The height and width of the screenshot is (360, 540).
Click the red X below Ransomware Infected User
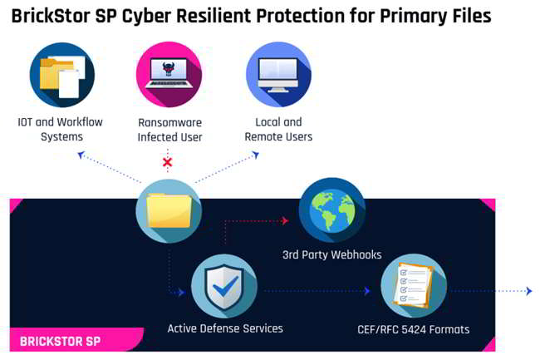coord(167,162)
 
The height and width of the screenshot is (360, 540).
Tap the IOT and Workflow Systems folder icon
coord(62,75)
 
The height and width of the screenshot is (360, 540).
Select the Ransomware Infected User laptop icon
coord(169,75)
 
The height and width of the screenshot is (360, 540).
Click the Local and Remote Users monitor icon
coord(278,75)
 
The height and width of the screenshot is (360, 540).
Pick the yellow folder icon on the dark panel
coord(169,211)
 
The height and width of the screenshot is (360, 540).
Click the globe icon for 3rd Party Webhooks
coord(332,210)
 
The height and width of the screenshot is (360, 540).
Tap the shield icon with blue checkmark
coord(224,287)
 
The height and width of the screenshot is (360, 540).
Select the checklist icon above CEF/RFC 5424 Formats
coord(414,286)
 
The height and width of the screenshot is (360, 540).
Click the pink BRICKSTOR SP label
coord(61,342)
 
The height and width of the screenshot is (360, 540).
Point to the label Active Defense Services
coord(225,328)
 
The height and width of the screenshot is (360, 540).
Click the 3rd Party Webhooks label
coord(332,254)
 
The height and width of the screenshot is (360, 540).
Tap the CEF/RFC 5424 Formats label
coord(414,329)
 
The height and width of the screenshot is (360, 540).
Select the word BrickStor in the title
coord(51,16)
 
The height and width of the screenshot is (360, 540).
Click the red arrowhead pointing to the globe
coord(284,220)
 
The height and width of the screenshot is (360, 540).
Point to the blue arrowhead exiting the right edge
coord(529,291)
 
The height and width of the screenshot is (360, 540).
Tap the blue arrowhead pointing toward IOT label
coord(81,155)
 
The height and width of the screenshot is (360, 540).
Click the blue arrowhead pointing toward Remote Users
coord(256,155)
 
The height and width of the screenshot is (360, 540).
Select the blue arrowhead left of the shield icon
coord(181,293)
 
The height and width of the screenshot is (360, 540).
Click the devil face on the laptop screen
coord(169,68)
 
